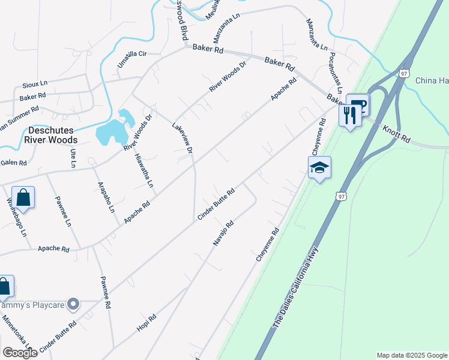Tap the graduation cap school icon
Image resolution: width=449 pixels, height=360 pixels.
pos(319,169)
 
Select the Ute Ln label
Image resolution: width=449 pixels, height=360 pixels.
pos(73,158)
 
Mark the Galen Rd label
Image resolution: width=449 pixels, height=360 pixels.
pos(13,163)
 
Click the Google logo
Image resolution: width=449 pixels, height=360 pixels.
pos(20,353)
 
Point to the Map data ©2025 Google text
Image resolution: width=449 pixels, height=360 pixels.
pos(412,355)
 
